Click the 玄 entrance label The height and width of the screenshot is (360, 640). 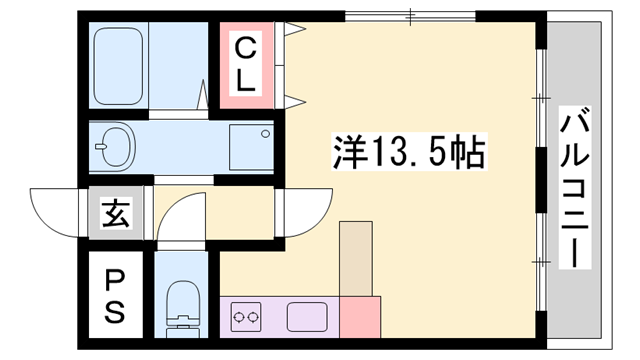point(113,212)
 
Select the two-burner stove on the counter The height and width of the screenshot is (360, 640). point(247,319)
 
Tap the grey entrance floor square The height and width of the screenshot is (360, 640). point(113,213)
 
